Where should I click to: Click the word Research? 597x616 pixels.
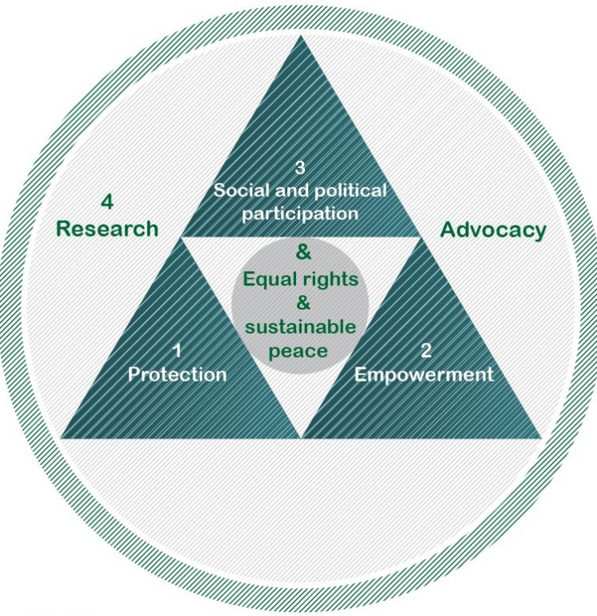107,229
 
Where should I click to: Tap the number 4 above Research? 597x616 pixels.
107,202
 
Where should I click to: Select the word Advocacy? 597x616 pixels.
493,230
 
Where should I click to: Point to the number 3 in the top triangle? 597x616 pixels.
300,168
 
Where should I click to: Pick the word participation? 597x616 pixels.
300,214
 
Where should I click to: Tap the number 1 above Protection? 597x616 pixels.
177,351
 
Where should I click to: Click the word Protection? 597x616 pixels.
177,374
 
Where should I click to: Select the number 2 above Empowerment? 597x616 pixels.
426,351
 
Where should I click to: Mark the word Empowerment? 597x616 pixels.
423,374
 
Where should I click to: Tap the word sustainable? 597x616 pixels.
301,327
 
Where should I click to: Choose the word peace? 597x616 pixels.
298,351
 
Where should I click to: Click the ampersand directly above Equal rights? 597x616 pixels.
303,252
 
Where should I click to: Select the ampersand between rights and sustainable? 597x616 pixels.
303,303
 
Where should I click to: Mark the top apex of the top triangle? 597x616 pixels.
301,36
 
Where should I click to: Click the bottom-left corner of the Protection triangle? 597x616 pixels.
60,438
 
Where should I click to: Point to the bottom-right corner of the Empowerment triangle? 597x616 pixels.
542,438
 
